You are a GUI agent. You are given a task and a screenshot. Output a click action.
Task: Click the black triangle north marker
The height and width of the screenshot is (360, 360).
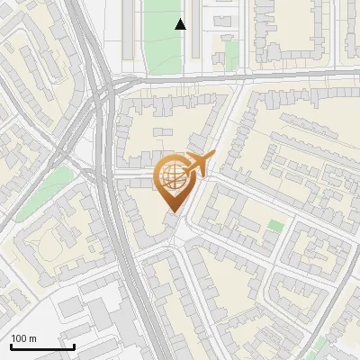[x=181, y=24]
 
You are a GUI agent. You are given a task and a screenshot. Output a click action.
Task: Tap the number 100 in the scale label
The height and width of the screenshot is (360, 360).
[x=20, y=338]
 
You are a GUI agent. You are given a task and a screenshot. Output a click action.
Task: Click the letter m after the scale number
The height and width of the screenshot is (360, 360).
[x=32, y=338]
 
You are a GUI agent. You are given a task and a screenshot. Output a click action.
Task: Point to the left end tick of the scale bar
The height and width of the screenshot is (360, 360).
[x=11, y=346]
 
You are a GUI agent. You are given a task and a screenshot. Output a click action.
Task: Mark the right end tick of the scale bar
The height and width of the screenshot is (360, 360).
[x=74, y=346]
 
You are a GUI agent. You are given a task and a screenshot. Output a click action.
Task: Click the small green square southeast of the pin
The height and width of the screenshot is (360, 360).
[x=275, y=226]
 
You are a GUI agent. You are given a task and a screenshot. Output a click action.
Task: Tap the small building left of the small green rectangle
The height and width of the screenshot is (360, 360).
[x=219, y=56]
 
